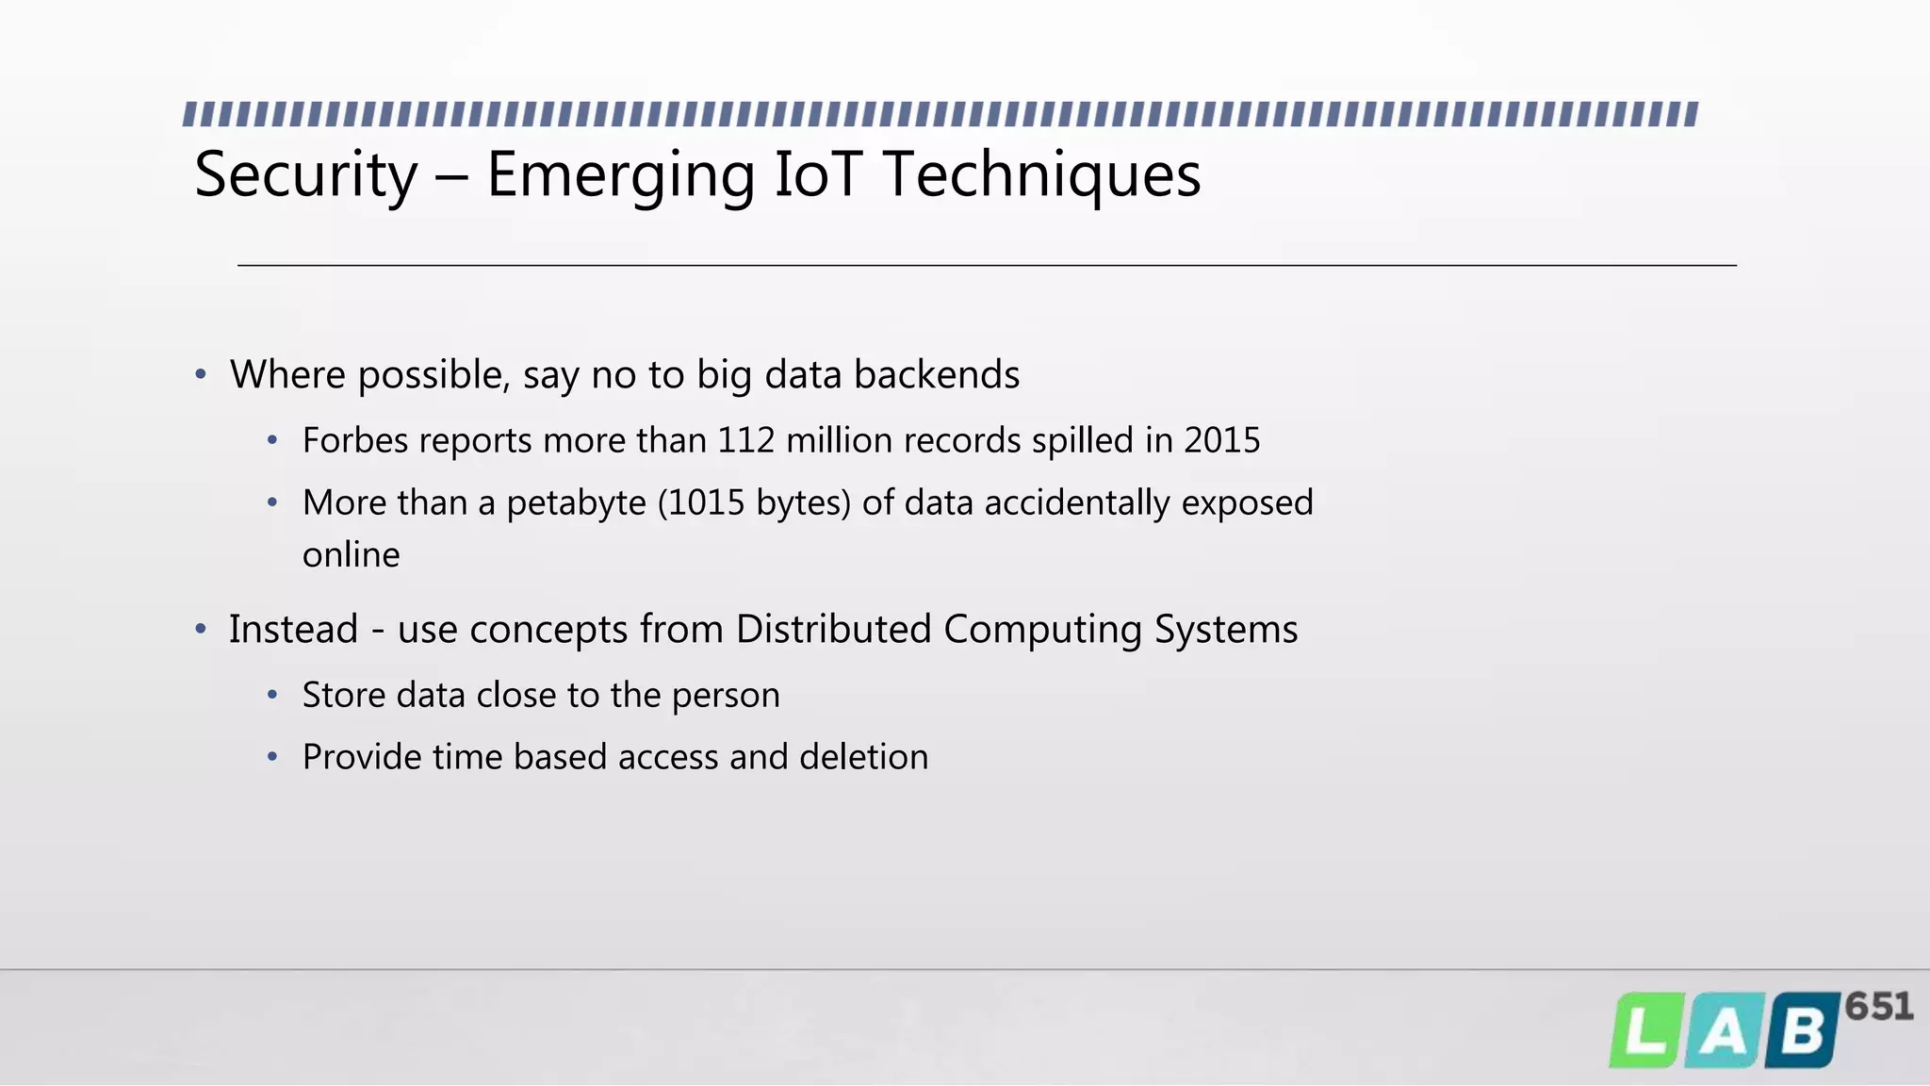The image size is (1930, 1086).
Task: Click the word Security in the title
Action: pos(305,176)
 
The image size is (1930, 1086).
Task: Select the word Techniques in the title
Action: pos(1042,176)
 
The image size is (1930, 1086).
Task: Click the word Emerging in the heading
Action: pos(620,176)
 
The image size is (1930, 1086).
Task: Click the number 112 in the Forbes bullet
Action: pos(746,440)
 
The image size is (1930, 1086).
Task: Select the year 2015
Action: pos(1221,440)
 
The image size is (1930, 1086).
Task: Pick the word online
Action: pos(351,555)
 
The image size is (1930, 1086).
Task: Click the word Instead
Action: pos(293,630)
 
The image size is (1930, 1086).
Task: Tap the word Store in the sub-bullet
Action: pos(344,696)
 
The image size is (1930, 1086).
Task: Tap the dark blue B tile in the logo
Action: pos(1802,1030)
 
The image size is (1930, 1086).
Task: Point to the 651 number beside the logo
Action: pos(1879,1007)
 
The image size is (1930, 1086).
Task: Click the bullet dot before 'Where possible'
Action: pos(201,375)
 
